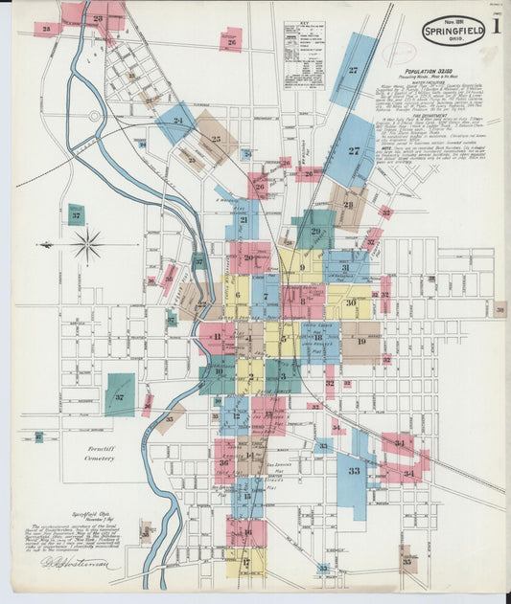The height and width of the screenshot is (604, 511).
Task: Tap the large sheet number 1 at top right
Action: [x=497, y=26]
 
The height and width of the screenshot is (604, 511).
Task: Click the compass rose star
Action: [x=87, y=244]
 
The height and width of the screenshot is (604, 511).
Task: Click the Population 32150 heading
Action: [x=430, y=72]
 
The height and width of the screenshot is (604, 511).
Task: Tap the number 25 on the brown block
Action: [x=217, y=140]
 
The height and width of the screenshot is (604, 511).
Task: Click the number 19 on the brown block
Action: [x=361, y=341]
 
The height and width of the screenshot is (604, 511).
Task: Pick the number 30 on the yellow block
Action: [x=351, y=302]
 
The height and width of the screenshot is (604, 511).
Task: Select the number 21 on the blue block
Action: [x=244, y=220]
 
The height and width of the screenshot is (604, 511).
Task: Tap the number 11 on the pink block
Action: [x=218, y=337]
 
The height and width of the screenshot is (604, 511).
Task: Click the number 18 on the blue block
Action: [x=317, y=337]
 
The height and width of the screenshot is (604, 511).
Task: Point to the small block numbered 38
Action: [x=499, y=308]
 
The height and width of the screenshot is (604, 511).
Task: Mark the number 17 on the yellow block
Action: [x=245, y=562]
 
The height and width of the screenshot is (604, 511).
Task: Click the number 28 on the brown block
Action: [x=348, y=204]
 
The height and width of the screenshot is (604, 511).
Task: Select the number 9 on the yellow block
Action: [x=302, y=268]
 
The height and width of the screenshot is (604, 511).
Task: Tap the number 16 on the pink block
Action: [x=246, y=532]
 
